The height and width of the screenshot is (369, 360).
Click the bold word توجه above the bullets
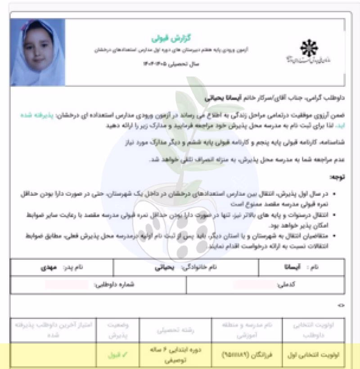337,177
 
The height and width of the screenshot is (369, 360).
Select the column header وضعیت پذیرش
117,330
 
